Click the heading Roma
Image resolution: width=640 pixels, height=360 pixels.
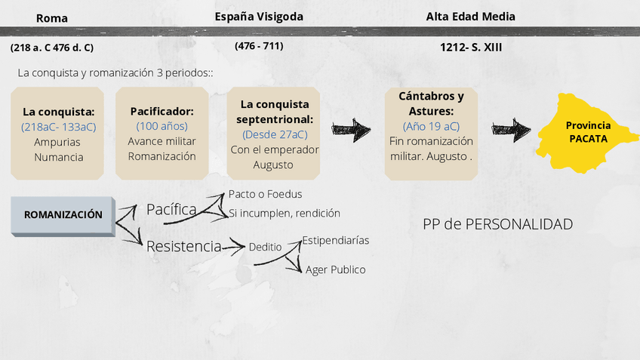pyautogui.click(x=52, y=18)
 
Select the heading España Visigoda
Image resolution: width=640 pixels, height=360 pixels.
pyautogui.click(x=259, y=16)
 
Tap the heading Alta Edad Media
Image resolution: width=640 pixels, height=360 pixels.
pyautogui.click(x=471, y=16)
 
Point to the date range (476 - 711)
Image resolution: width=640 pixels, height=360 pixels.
pyautogui.click(x=259, y=45)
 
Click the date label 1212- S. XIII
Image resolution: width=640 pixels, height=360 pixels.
pyautogui.click(x=471, y=47)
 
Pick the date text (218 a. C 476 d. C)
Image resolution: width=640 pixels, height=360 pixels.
pyautogui.click(x=52, y=47)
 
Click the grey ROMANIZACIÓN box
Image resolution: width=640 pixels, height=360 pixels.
pyautogui.click(x=63, y=215)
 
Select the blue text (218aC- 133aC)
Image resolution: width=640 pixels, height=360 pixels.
pyautogui.click(x=59, y=126)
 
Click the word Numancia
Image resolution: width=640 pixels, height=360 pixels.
pyautogui.click(x=58, y=157)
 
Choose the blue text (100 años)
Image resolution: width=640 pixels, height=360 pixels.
pyautogui.click(x=162, y=126)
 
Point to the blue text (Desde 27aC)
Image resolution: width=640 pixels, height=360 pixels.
pyautogui.click(x=275, y=134)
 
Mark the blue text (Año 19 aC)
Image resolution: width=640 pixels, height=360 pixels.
pyautogui.click(x=431, y=126)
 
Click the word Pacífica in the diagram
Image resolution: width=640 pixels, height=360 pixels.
pyautogui.click(x=171, y=209)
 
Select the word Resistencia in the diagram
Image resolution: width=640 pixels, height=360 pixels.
pyautogui.click(x=183, y=246)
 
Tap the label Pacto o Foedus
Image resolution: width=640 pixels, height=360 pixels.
pyautogui.click(x=265, y=194)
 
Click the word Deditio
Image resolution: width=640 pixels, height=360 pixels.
pyautogui.click(x=264, y=246)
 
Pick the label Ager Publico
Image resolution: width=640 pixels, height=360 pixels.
pyautogui.click(x=335, y=269)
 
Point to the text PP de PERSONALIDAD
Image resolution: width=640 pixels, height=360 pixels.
pyautogui.click(x=497, y=224)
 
